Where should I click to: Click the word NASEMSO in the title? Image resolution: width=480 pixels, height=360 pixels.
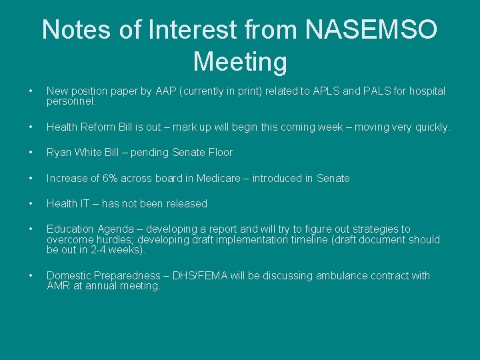pyautogui.click(x=371, y=29)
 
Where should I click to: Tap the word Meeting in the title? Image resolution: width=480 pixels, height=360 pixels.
pyautogui.click(x=240, y=62)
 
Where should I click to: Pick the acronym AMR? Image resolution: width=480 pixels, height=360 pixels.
pyautogui.click(x=58, y=286)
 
